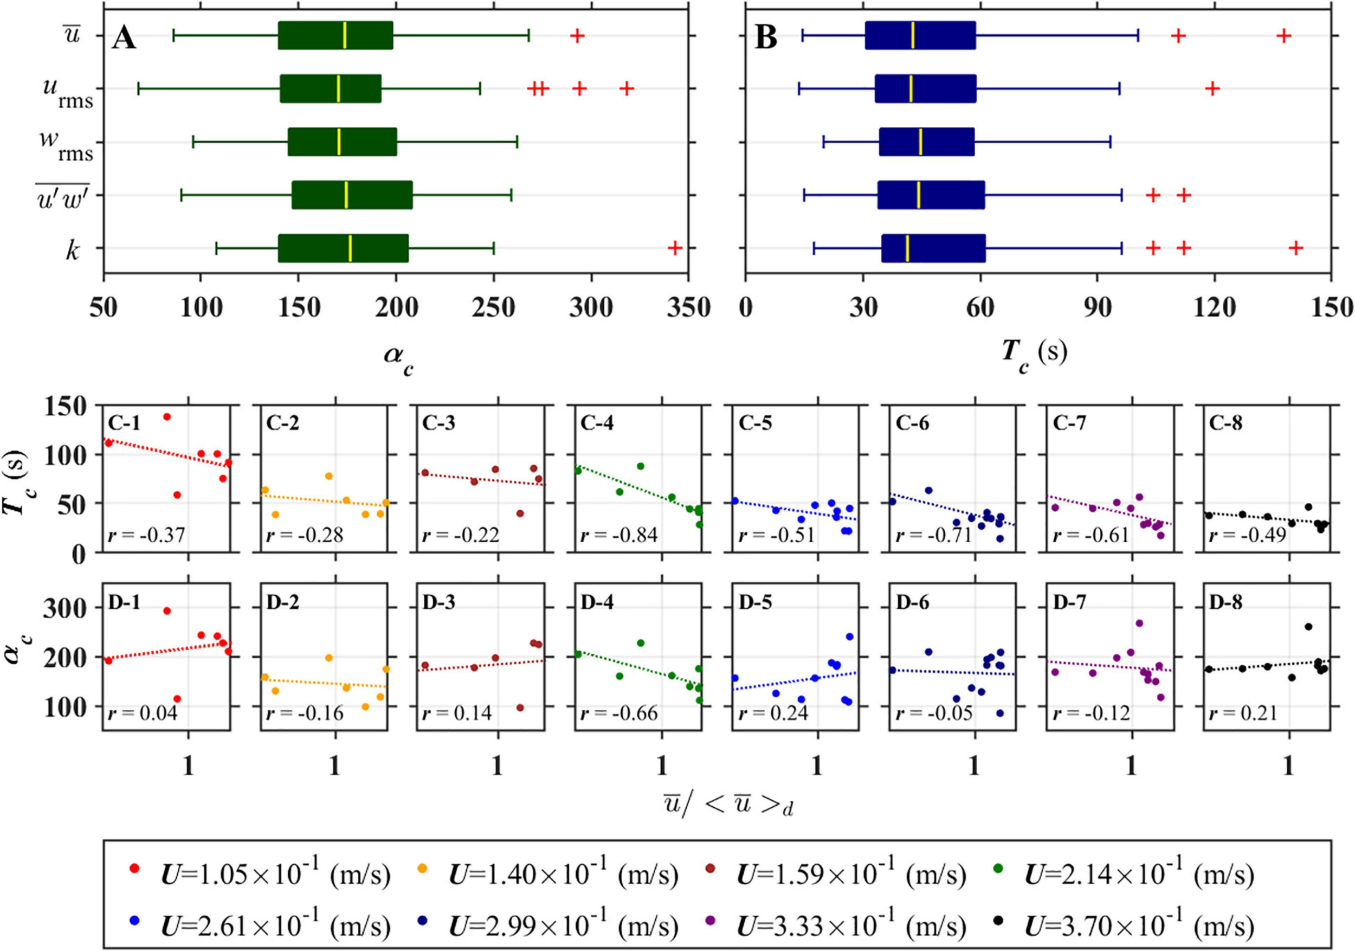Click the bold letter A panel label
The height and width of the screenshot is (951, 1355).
[x=125, y=38]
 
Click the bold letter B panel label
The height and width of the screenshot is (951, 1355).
[x=765, y=38]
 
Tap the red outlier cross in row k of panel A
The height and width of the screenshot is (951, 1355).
[x=675, y=248]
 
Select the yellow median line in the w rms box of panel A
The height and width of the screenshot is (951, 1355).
[x=339, y=142]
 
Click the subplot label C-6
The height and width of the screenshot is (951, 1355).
[x=912, y=423]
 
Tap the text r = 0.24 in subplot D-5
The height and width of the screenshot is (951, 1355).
[x=773, y=714]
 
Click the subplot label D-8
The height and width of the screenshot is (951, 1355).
[x=1226, y=602]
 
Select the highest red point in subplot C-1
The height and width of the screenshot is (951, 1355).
[x=167, y=417]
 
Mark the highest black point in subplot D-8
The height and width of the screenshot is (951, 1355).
[x=1308, y=627]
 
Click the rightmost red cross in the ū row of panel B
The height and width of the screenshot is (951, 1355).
[x=1283, y=36]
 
